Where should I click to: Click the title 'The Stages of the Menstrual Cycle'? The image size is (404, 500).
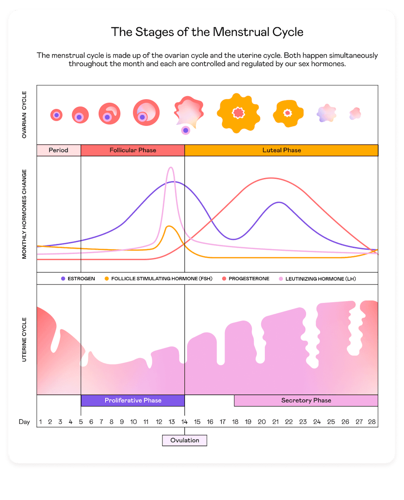[x=207, y=32]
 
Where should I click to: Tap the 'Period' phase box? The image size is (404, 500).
[x=58, y=150]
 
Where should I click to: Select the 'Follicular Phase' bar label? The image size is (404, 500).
[x=133, y=150]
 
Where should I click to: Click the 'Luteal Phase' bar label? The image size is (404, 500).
[x=281, y=150]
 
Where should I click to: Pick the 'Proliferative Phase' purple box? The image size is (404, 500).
[x=133, y=400]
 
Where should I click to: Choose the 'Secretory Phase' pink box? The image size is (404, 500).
[x=306, y=400]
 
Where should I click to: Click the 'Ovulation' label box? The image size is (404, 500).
[x=184, y=440]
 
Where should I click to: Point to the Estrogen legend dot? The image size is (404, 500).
[x=63, y=279]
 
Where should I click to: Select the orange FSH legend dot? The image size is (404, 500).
[x=107, y=279]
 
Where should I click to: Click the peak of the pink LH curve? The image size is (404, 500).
[x=171, y=167]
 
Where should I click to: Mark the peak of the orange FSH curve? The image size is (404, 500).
[x=168, y=226]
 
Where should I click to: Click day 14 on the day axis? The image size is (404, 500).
[x=184, y=422]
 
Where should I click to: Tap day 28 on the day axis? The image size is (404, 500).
[x=372, y=422]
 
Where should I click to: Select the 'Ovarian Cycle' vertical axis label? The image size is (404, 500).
[x=24, y=114]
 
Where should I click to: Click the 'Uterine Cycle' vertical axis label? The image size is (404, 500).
[x=24, y=339]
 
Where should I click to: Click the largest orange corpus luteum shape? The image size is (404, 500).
[x=238, y=113]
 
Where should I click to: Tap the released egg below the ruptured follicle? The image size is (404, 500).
[x=185, y=130]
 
